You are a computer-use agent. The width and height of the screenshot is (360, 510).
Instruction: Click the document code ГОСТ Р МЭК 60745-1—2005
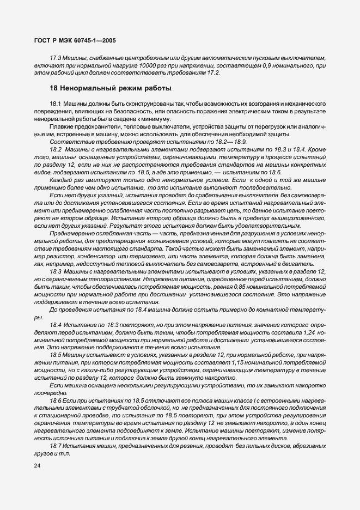(74, 40)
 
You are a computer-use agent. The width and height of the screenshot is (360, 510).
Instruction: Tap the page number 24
(38, 466)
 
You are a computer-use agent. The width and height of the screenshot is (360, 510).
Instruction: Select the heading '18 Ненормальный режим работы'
(111, 88)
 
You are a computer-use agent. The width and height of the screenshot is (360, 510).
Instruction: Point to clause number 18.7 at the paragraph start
(57, 446)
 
